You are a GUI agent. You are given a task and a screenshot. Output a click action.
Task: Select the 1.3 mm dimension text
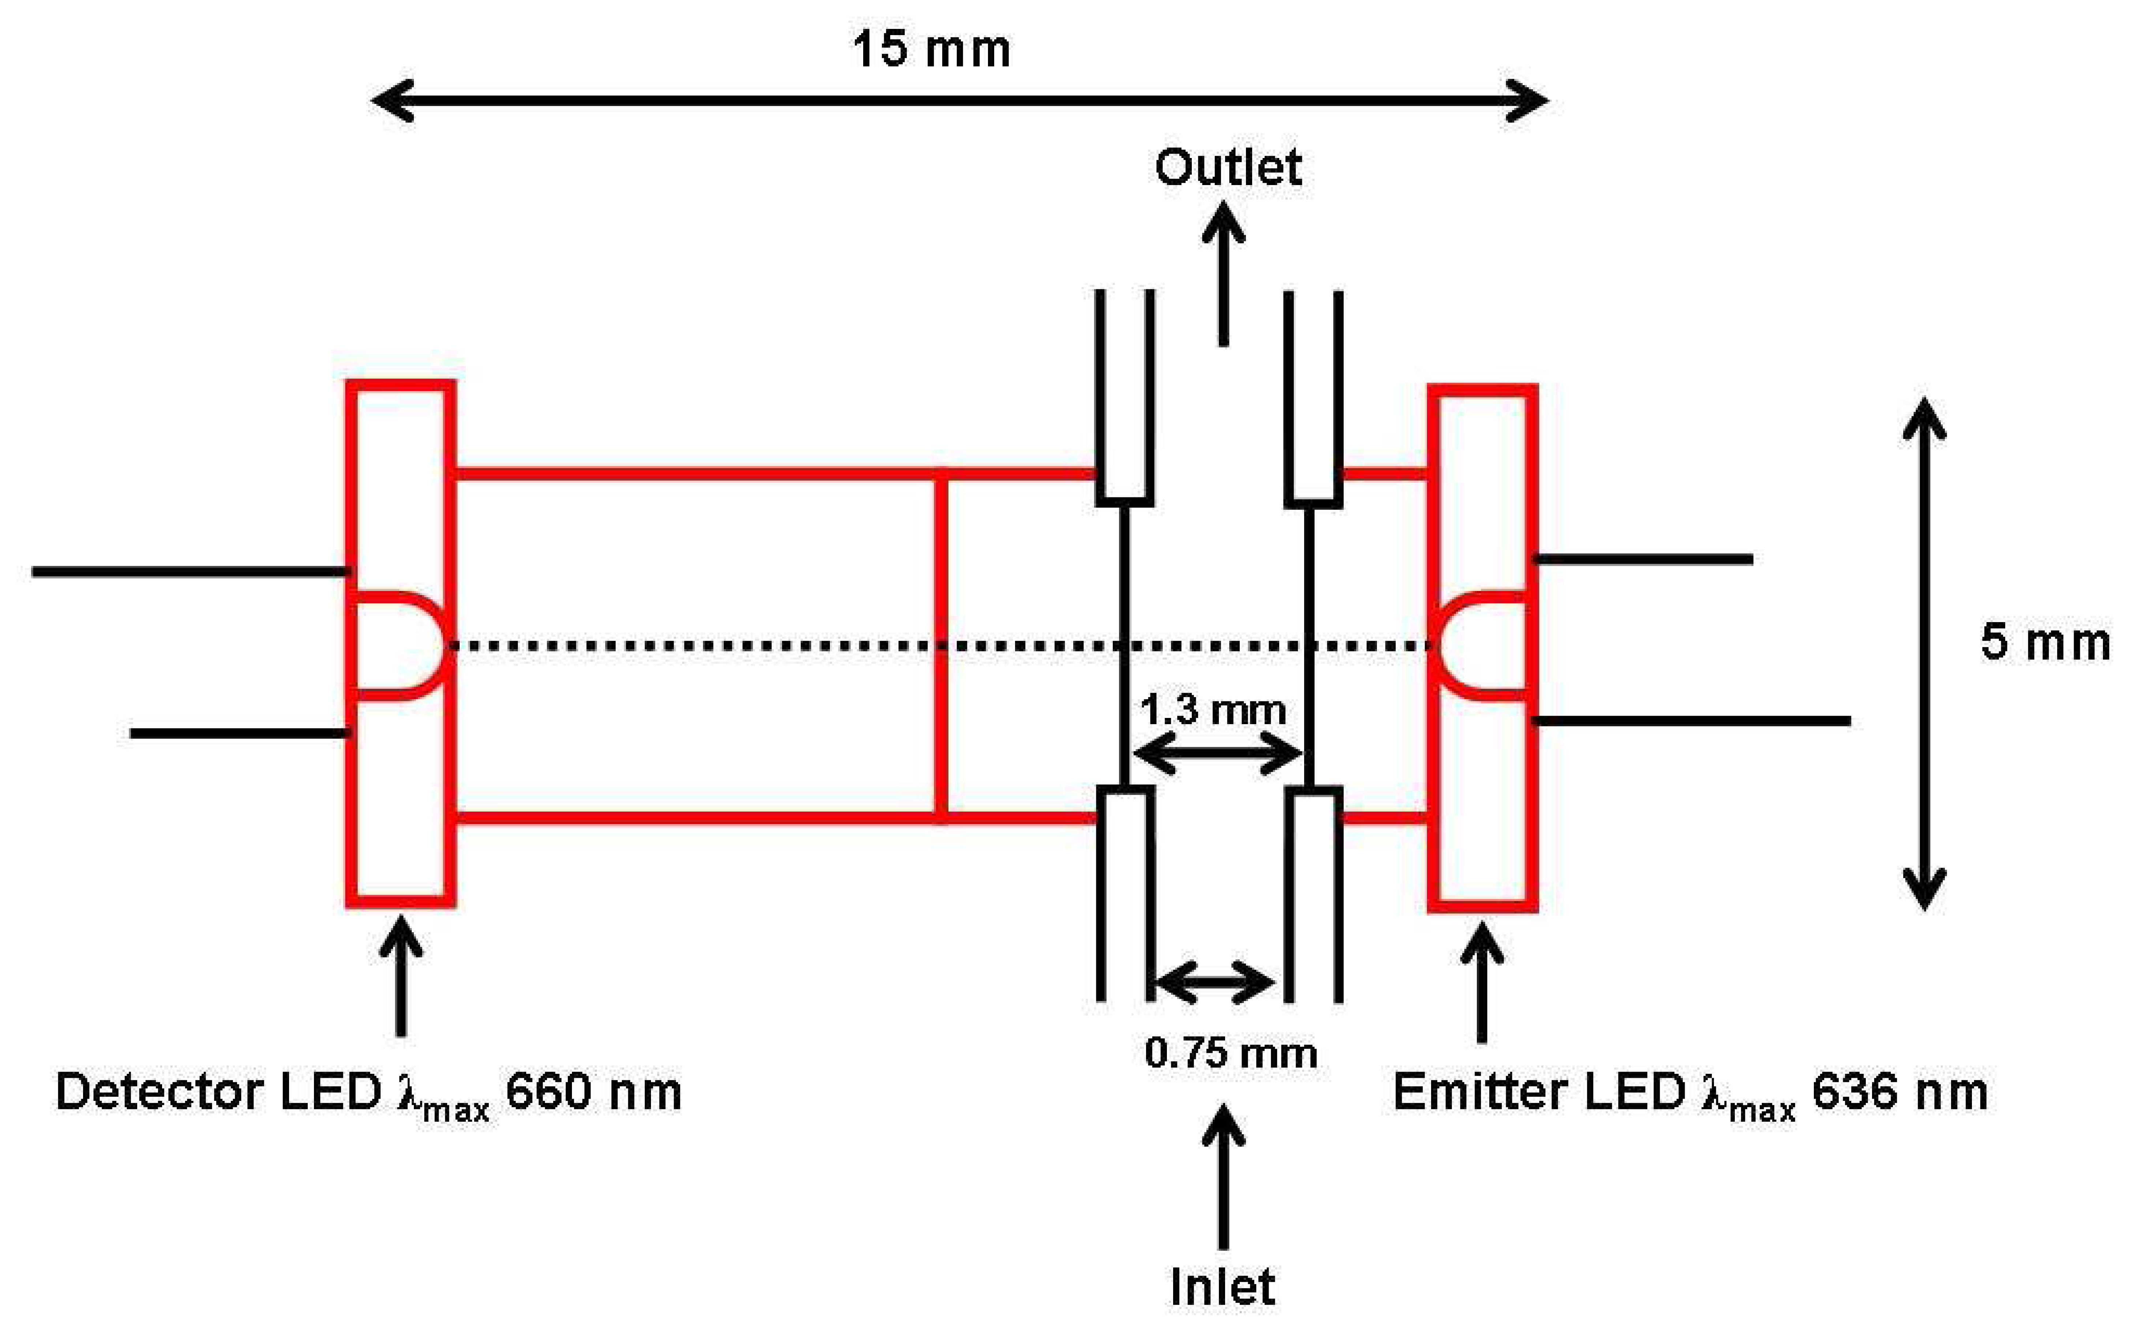point(1213,710)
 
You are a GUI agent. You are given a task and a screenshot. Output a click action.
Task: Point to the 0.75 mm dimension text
point(1230,1054)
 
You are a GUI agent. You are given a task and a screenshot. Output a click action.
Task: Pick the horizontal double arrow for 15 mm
point(959,101)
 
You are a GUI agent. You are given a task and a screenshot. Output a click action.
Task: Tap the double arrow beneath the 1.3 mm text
point(1217,754)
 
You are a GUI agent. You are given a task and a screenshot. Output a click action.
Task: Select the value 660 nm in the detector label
point(593,1092)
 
